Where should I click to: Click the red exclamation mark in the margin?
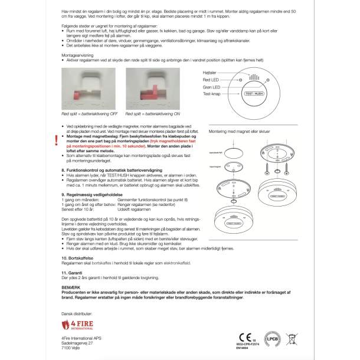(x=57, y=140)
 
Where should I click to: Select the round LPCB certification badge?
(x=272, y=339)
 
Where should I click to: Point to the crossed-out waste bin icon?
(x=292, y=339)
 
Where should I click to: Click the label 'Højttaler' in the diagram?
(x=210, y=71)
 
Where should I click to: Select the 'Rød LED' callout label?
(x=211, y=79)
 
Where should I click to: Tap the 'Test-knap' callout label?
(x=211, y=94)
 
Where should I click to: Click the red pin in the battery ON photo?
(x=144, y=94)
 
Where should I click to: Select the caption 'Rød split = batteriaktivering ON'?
(x=152, y=113)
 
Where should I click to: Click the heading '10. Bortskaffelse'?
(x=78, y=258)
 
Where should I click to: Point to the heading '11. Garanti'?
(x=73, y=272)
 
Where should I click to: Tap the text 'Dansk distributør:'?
(x=77, y=313)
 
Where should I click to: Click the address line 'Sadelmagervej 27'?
(x=77, y=342)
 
